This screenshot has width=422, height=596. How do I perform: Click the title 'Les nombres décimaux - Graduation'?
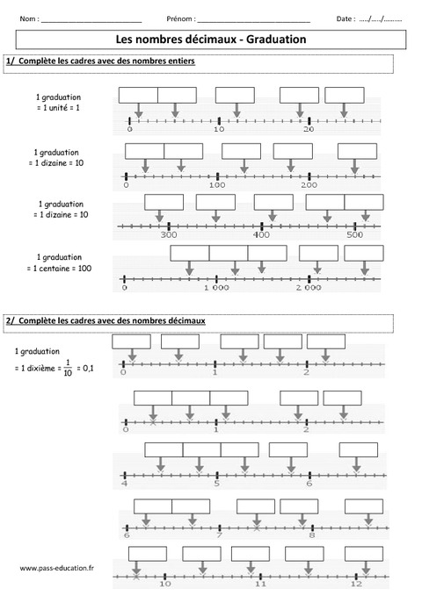pyautogui.click(x=211, y=39)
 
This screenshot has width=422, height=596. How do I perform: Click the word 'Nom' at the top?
pyautogui.click(x=27, y=18)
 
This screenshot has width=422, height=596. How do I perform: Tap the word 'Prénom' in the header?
pyautogui.click(x=179, y=18)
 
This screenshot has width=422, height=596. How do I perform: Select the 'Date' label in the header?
pyautogui.click(x=345, y=18)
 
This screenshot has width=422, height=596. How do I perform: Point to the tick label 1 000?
pyautogui.click(x=215, y=287)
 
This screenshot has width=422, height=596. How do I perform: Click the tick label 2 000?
pyautogui.click(x=309, y=287)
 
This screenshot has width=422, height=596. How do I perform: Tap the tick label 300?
pyautogui.click(x=170, y=235)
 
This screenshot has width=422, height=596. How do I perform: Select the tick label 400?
pyautogui.click(x=261, y=235)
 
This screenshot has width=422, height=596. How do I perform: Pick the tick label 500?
pyautogui.click(x=354, y=235)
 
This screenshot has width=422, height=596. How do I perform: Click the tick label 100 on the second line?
pyautogui.click(x=217, y=185)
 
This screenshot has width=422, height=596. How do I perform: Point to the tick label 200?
pyautogui.click(x=309, y=185)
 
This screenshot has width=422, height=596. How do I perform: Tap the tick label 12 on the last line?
pyautogui.click(x=355, y=583)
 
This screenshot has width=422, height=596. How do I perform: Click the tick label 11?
pyautogui.click(x=260, y=583)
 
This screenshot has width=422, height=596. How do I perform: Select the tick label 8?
pyautogui.click(x=311, y=535)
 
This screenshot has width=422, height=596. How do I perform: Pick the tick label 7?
pyautogui.click(x=219, y=535)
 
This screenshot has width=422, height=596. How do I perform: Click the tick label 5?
pyautogui.click(x=216, y=484)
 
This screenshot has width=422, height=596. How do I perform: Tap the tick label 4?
pyautogui.click(x=124, y=484)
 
